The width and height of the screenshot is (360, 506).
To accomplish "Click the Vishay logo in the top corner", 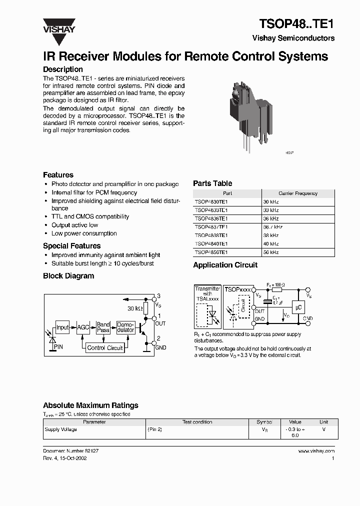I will point(58,25).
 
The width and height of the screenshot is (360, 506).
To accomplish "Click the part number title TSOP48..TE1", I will point(296,23).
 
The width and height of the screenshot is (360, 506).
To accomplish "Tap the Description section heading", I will point(63,69).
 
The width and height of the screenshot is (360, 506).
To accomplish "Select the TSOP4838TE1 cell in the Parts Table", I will point(211,235).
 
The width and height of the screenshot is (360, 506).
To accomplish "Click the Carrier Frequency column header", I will point(297,193).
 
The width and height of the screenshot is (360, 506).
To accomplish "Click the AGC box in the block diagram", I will point(83,327).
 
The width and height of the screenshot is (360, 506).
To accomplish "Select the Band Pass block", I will point(103,327).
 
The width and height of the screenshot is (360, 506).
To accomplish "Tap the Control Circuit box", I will point(104,347).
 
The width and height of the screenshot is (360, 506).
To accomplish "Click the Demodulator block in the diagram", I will point(125,327).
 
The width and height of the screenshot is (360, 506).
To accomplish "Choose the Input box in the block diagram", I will point(62,327).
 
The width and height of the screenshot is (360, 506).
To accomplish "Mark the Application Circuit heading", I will point(225,265).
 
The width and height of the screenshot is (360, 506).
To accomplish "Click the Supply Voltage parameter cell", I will point(61,429).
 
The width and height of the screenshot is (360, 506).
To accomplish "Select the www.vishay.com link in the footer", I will point(316,451).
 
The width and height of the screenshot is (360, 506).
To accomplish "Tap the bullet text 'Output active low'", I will point(74,225).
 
